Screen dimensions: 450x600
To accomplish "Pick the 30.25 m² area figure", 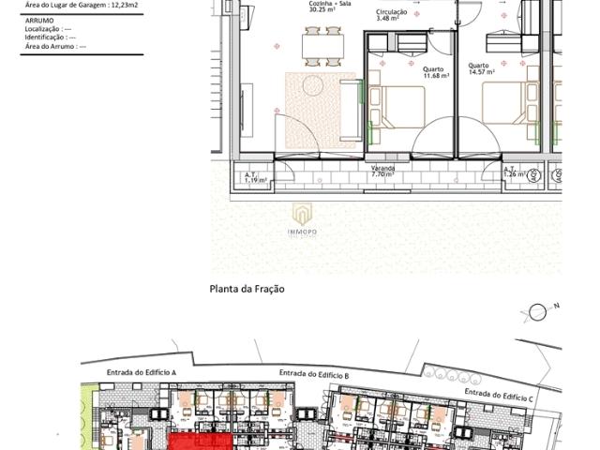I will point(324,11).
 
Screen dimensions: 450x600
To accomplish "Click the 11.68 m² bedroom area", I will point(433,77).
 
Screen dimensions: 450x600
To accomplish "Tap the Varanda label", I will point(382,169).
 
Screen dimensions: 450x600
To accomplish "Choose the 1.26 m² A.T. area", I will point(514,174).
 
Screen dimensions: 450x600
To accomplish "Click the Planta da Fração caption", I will point(247,289).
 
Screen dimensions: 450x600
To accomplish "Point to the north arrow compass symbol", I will point(538,312).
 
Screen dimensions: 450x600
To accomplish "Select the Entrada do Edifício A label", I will point(142,372).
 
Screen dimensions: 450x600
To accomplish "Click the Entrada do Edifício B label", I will point(314,374).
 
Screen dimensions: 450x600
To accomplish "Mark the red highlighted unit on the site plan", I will point(200,442).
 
